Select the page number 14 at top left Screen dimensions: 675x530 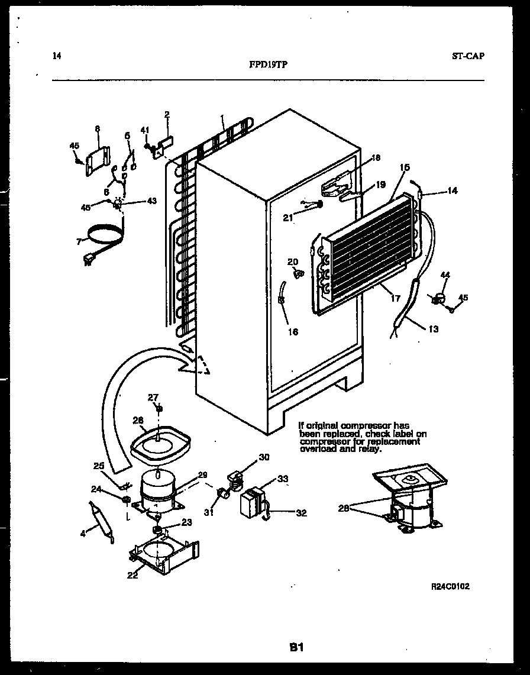[56, 56]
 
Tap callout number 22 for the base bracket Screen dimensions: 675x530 [132, 574]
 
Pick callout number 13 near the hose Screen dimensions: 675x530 [434, 329]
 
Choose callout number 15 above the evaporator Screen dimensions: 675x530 [405, 168]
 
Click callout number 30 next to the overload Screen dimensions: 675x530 [263, 456]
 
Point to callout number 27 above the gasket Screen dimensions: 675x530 [153, 397]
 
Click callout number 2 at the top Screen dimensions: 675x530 [167, 115]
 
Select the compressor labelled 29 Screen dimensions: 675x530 [158, 489]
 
